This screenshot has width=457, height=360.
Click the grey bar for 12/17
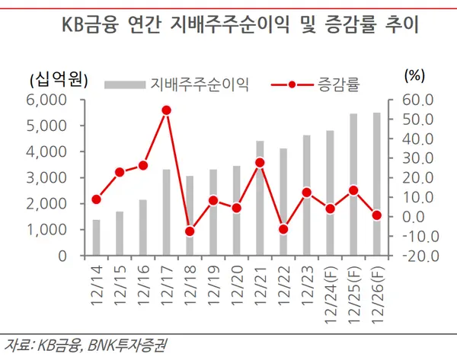pyautogui.click(x=166, y=212)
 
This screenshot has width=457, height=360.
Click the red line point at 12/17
pyautogui.click(x=166, y=110)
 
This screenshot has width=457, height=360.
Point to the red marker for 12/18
pyautogui.click(x=190, y=231)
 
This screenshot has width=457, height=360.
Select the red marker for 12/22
pyautogui.click(x=283, y=229)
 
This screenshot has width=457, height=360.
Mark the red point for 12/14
pyautogui.click(x=96, y=199)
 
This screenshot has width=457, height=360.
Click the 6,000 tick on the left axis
pyautogui.click(x=47, y=100)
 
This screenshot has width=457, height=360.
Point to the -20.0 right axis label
pyautogui.click(x=415, y=256)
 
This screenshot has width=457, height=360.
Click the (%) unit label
pyautogui.click(x=414, y=75)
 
